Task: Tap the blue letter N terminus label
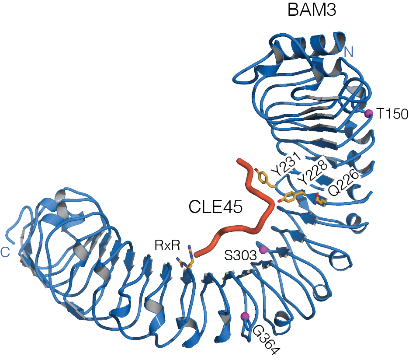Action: (x=348, y=52)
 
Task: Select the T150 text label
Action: (x=392, y=115)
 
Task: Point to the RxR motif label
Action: (x=167, y=245)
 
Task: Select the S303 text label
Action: (x=240, y=254)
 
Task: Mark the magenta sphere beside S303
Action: (x=263, y=249)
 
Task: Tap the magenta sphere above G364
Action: (x=245, y=316)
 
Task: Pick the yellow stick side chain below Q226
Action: (x=322, y=201)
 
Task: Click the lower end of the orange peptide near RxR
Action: (x=197, y=254)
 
